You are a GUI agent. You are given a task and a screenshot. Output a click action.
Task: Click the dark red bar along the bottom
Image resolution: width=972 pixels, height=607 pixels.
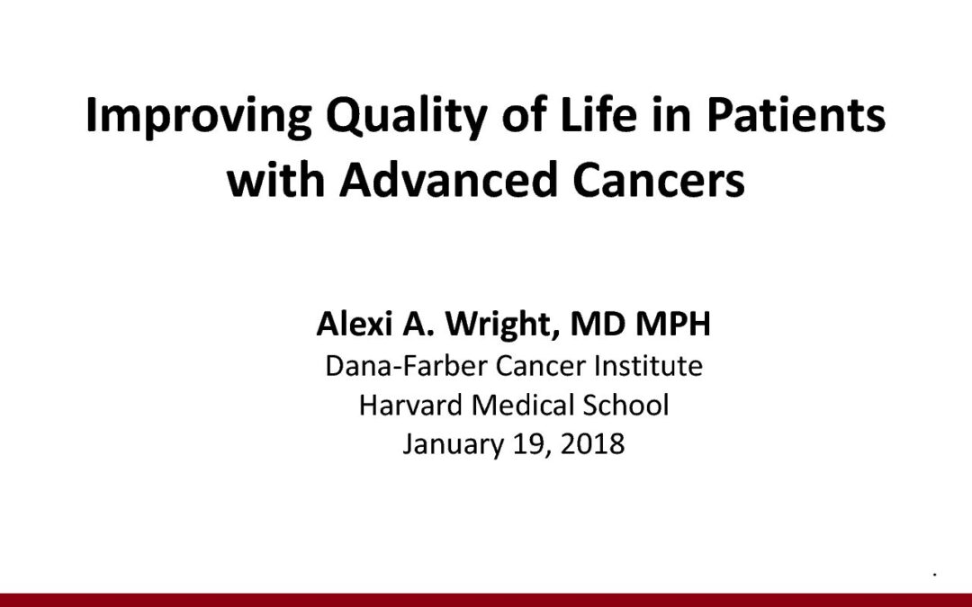[x=486, y=600]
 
